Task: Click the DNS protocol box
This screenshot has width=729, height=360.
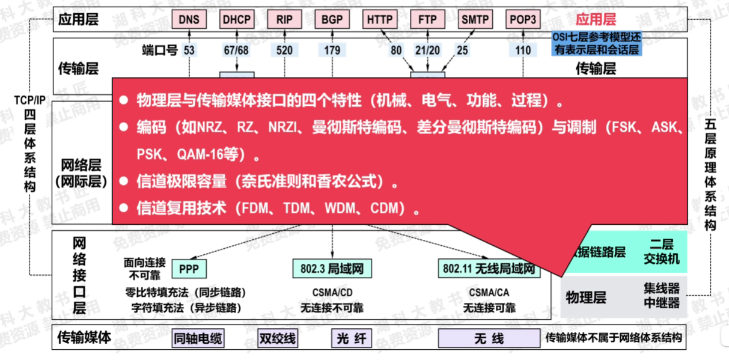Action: (189, 19)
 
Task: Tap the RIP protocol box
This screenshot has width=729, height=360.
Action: (284, 19)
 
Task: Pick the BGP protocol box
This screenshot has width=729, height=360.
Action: (332, 19)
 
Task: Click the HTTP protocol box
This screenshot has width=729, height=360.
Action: (380, 19)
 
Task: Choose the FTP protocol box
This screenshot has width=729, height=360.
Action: (427, 19)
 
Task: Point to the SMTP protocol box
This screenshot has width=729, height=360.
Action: (475, 19)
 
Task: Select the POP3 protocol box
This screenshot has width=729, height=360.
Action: (523, 19)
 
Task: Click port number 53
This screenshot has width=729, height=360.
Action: (189, 50)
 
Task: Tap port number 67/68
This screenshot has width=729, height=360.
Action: (236, 50)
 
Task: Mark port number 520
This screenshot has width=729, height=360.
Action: (284, 50)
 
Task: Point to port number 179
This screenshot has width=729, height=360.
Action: (332, 50)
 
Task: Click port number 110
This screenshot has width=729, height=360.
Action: (523, 50)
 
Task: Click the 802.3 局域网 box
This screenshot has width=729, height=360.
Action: (332, 268)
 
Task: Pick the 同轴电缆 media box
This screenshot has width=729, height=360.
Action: (198, 338)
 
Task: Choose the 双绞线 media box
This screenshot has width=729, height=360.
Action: (277, 338)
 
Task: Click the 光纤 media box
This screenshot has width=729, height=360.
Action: (348, 338)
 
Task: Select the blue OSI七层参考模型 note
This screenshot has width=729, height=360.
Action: (597, 44)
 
